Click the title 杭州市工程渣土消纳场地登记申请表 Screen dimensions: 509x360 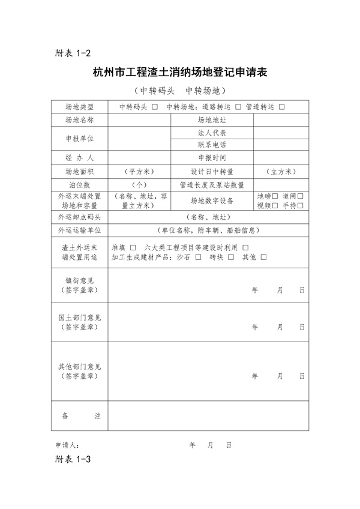[180, 73]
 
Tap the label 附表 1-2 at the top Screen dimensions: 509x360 [73, 53]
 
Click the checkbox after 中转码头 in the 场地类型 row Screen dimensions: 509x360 [155, 107]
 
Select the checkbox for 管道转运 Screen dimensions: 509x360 [281, 107]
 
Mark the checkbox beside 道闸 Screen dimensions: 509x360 [300, 196]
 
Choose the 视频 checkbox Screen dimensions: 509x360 [275, 205]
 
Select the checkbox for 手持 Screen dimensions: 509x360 [300, 205]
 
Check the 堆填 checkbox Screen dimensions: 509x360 [133, 247]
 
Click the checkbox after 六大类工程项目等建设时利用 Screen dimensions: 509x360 [245, 247]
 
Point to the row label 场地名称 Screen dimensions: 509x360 [80, 120]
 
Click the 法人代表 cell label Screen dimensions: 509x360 [212, 133]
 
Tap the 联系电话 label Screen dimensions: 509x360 [212, 145]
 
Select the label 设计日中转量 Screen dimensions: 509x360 [212, 171]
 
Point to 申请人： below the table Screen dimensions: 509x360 [67, 445]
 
